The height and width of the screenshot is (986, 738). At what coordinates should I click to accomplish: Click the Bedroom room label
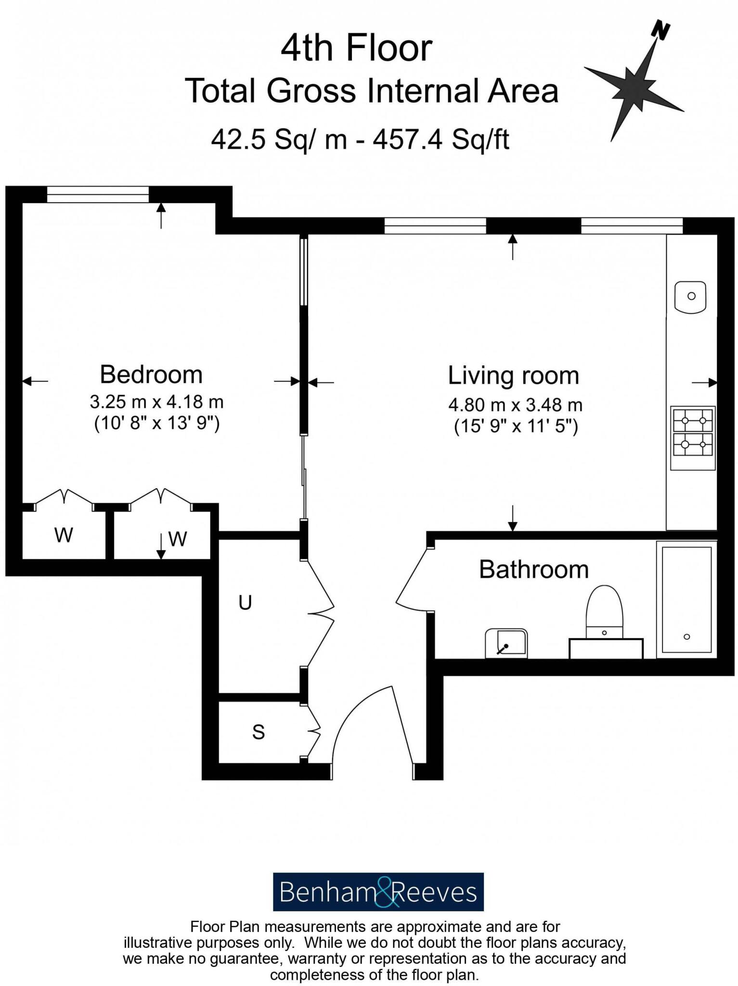[151, 375]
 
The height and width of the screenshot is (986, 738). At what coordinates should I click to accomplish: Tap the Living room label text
[513, 376]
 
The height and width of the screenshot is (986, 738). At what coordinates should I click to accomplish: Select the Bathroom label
[533, 570]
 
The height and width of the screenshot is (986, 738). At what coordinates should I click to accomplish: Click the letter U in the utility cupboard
[245, 603]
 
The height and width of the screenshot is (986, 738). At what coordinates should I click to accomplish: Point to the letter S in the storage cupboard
[259, 732]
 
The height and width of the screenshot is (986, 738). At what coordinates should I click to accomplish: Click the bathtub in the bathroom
[686, 599]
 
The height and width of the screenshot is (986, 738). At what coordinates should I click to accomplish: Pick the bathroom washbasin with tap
[506, 644]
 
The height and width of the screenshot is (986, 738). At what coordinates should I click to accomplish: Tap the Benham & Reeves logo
[378, 892]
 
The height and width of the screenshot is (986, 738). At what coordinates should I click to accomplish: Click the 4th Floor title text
[356, 49]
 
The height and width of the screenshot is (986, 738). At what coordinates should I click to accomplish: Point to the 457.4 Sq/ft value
[441, 140]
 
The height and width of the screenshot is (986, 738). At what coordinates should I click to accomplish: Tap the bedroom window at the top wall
[98, 195]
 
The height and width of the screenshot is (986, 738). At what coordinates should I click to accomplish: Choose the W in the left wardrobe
[64, 535]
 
